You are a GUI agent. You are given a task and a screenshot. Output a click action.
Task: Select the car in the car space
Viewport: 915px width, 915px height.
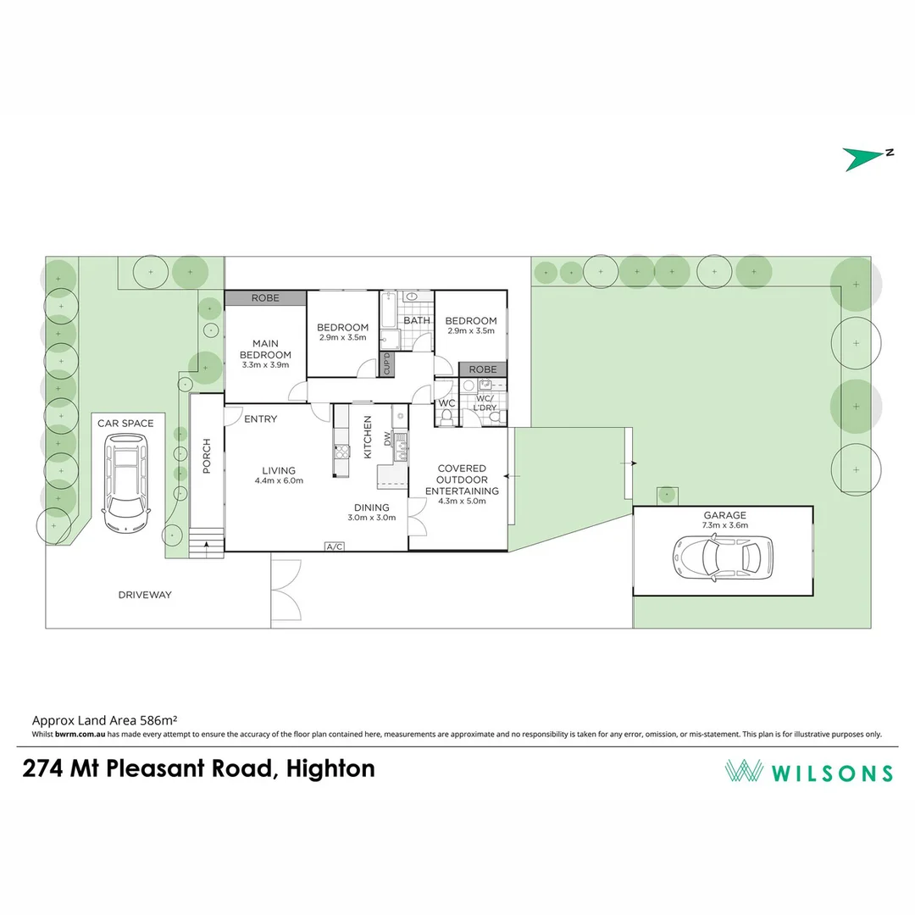[125, 482]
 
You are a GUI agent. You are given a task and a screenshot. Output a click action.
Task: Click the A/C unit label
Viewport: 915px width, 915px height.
[335, 546]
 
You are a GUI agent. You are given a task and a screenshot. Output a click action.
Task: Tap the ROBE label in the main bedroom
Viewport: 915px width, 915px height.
[265, 298]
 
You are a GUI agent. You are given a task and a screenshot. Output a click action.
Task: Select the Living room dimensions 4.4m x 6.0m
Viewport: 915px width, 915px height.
[279, 481]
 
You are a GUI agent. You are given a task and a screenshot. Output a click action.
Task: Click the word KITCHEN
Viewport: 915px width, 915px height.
[368, 437]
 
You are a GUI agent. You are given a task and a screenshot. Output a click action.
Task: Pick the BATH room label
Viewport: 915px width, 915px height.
[416, 321]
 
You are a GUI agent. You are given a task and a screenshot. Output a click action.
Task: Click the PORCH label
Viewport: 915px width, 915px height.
[206, 456]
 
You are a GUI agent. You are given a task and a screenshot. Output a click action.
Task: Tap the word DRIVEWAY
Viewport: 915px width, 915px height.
[145, 595]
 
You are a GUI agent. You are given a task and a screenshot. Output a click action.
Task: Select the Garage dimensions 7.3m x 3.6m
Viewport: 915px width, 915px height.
[724, 525]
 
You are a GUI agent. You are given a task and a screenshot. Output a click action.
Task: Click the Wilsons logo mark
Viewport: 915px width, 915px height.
[743, 771]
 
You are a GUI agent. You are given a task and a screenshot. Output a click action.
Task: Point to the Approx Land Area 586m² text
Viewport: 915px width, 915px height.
[103, 722]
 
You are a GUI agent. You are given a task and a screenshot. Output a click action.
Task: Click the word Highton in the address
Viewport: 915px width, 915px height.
[331, 768]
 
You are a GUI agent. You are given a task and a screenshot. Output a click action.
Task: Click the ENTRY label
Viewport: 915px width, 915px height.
[260, 419]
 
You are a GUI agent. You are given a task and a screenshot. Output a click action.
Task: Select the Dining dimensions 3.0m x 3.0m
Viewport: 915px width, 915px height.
[372, 518]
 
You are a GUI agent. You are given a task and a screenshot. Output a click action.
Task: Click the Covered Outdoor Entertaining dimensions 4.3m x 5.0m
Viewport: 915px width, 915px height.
[462, 502]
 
